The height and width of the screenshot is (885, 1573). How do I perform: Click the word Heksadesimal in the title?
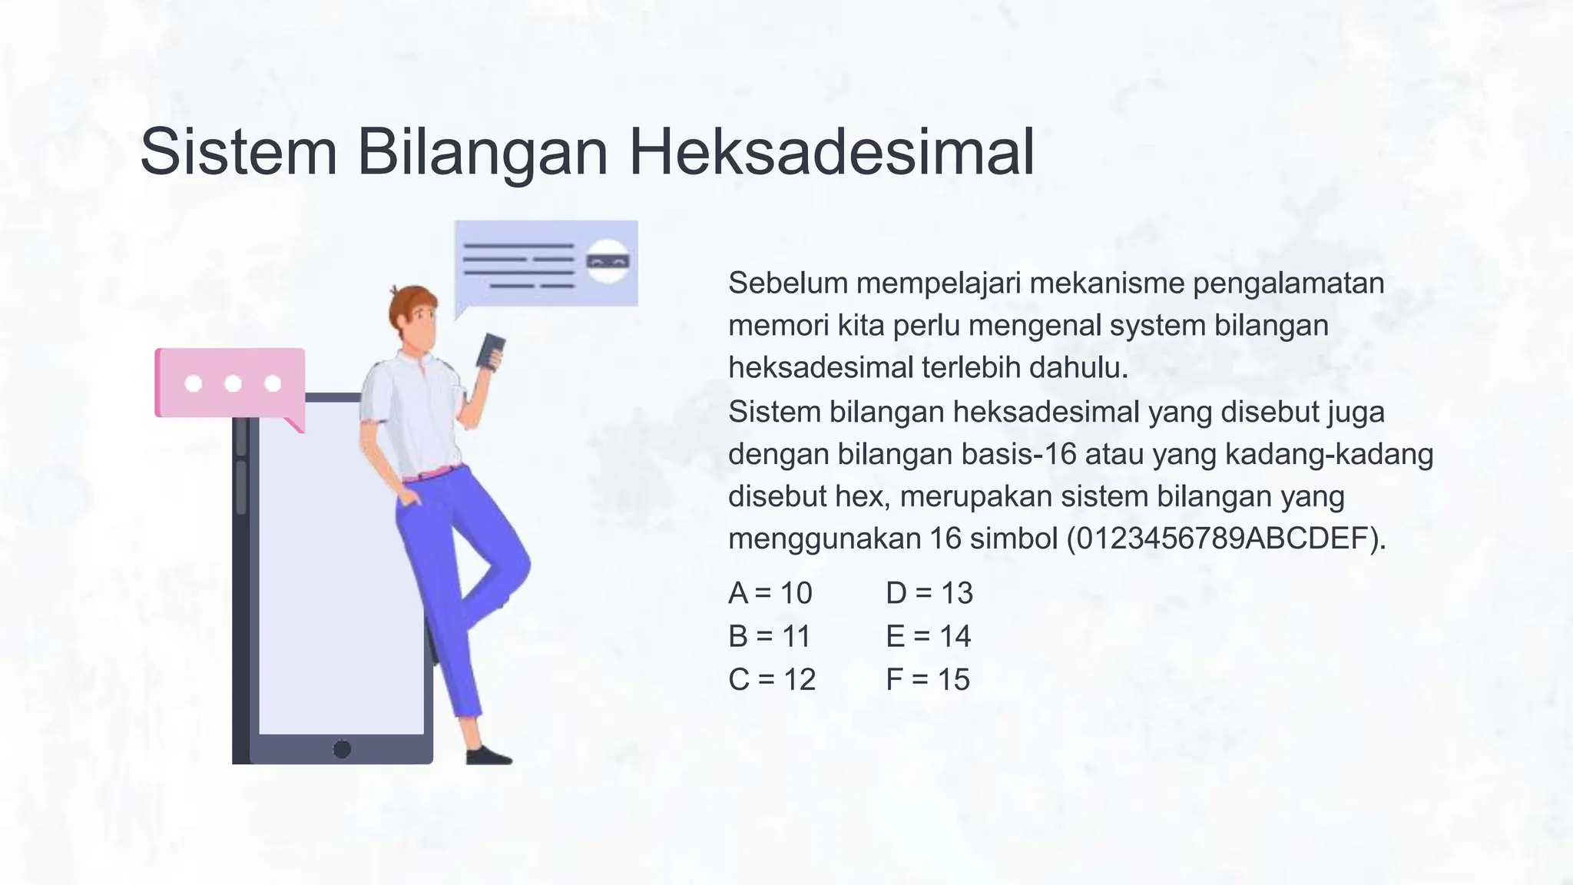coord(831,151)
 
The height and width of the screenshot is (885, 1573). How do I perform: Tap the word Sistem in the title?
coord(238,151)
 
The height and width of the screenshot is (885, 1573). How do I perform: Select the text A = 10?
coord(770,593)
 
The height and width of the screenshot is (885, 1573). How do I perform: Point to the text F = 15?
coord(928,679)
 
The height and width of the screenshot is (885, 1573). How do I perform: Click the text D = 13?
coord(929,593)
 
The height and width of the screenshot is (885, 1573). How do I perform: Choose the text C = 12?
coord(771,679)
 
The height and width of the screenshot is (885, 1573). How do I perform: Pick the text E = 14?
coord(928,636)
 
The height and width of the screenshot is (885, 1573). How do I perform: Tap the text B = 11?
coord(769,636)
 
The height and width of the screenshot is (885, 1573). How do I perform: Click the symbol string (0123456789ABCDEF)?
coord(1226,539)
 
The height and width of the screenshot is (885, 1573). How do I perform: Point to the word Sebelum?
coord(787,283)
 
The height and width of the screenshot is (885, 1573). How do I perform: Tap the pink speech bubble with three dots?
coord(230,383)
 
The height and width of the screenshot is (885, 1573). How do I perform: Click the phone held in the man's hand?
coord(490,352)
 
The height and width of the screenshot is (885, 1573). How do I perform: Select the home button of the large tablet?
coord(342,748)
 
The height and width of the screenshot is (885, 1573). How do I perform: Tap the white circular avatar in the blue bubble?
coord(608,262)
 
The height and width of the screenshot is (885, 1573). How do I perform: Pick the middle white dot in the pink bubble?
coord(233,383)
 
